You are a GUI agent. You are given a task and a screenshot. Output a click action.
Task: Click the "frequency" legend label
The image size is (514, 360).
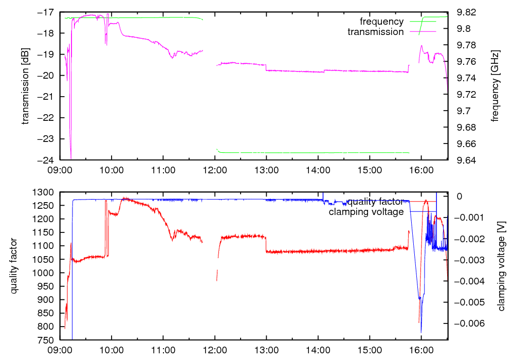381,22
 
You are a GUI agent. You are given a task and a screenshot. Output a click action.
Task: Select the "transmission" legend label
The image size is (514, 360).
375,32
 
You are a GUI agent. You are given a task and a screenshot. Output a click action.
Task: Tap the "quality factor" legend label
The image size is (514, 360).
375,202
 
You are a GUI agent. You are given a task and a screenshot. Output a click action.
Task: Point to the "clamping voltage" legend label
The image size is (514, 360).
366,212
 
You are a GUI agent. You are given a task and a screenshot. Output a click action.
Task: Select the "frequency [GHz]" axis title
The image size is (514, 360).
495,86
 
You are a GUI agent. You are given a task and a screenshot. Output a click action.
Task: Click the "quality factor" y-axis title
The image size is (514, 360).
14,266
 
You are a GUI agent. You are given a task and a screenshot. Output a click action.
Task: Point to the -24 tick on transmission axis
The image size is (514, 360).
45,160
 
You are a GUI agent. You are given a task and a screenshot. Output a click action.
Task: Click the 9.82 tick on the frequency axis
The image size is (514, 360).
460,12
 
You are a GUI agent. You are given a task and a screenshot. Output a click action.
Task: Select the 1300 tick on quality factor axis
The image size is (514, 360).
43,192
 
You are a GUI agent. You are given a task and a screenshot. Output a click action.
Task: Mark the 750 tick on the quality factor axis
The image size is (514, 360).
45,340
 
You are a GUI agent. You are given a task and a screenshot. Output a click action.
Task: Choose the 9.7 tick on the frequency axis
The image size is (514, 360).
457,111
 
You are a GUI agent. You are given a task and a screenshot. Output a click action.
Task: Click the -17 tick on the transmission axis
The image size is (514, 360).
45,12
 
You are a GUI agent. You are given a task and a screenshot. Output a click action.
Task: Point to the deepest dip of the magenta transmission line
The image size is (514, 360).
71,157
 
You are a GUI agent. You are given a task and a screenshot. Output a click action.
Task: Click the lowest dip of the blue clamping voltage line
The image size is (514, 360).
421,332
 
